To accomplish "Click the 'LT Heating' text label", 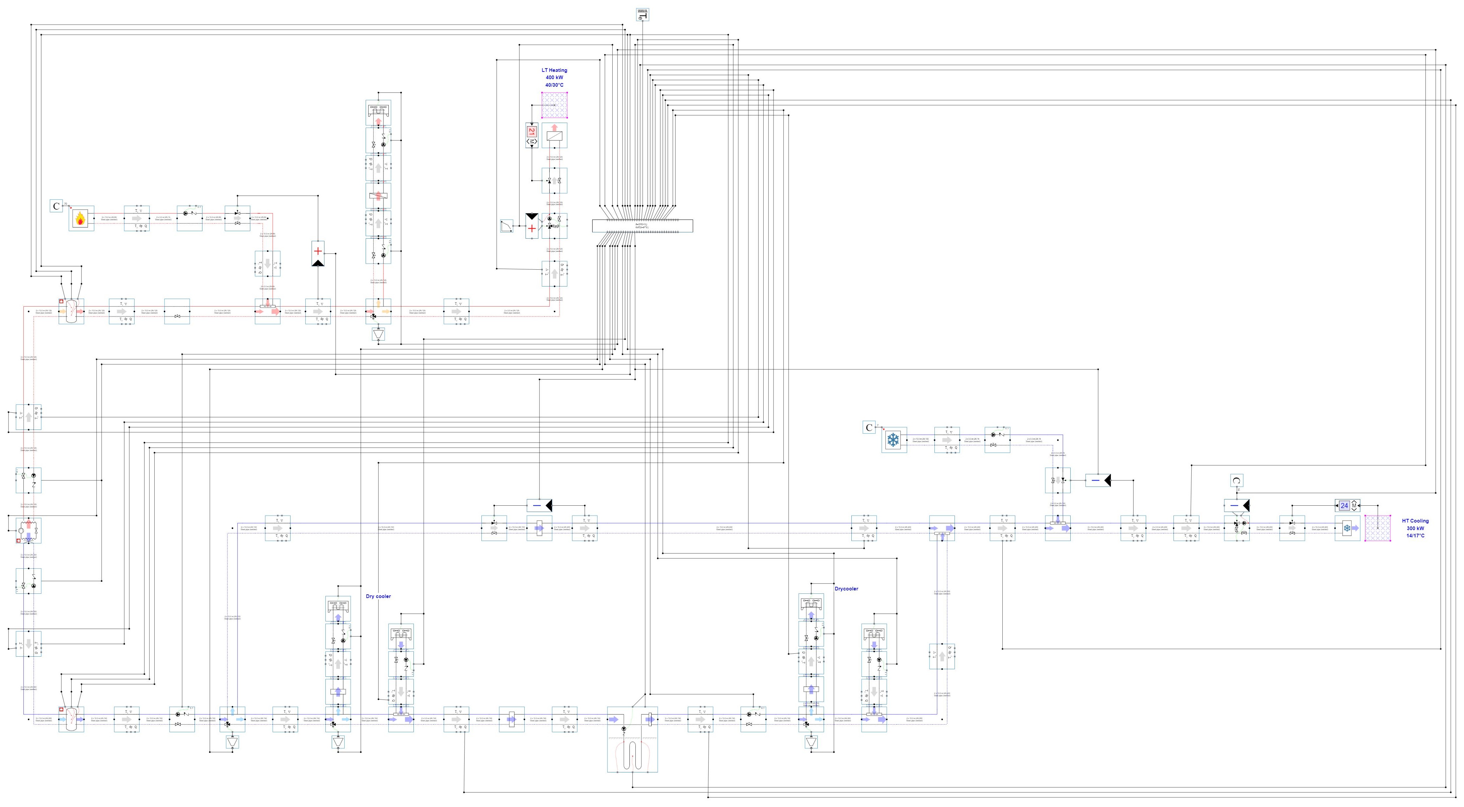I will point(554,71).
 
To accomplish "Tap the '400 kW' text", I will point(554,78).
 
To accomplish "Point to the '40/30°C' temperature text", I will point(554,85).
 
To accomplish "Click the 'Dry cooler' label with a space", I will point(378,596).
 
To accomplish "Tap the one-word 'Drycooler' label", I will point(846,589).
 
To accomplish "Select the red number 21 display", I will point(532,131).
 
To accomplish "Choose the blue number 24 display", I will point(1344,505).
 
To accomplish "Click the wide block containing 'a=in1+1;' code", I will point(642,225).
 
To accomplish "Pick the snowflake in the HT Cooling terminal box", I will point(1346,528).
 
